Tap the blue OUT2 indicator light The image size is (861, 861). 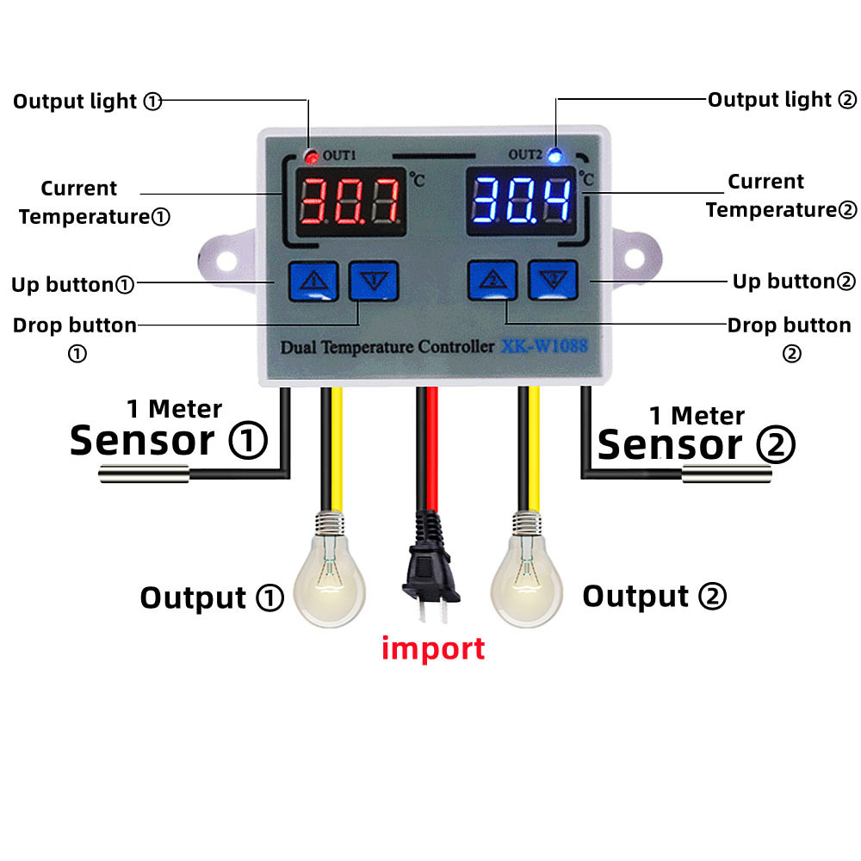[555, 156]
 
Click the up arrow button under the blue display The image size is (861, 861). [492, 281]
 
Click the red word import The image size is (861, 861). [433, 647]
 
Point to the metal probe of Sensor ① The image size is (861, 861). [143, 473]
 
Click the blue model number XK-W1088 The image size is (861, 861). [545, 348]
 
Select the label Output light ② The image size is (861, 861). [782, 100]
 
